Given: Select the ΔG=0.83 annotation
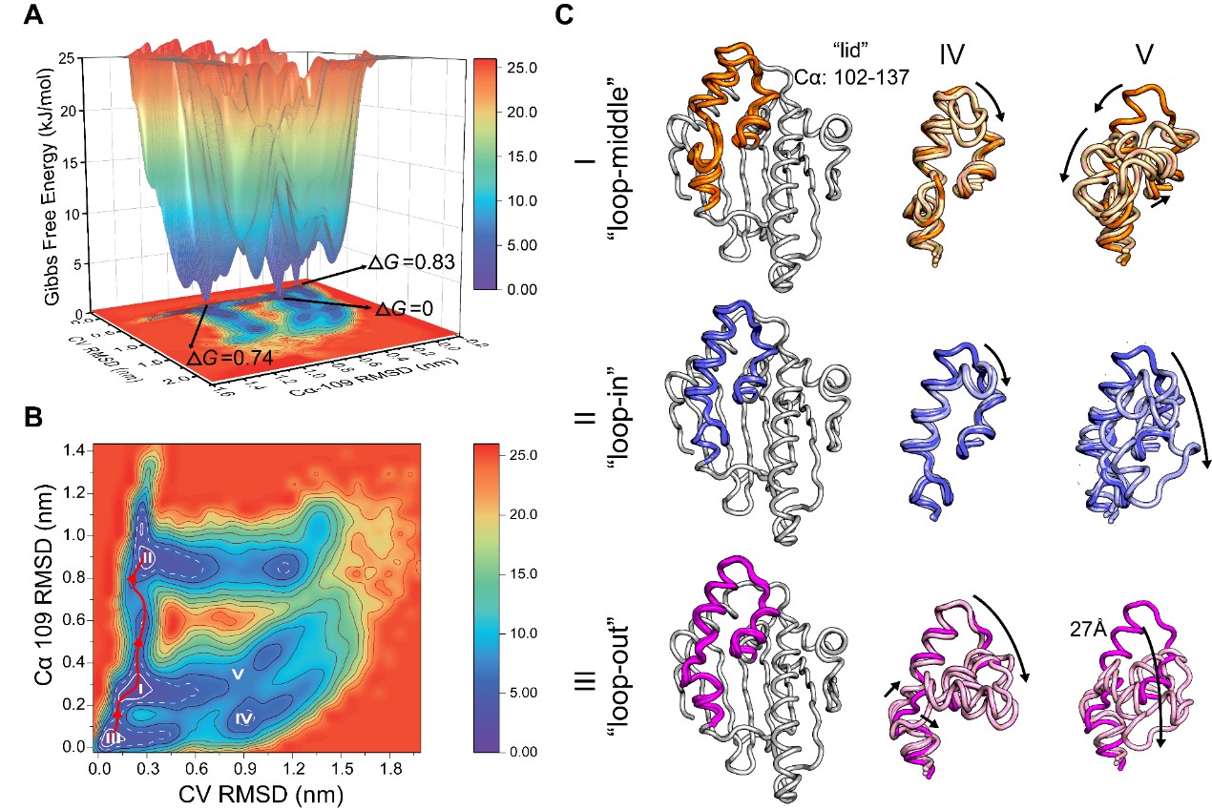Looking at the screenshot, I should coord(405,260).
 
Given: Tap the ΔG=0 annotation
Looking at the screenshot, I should coord(405,309).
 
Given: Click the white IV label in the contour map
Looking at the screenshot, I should coord(244,717).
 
